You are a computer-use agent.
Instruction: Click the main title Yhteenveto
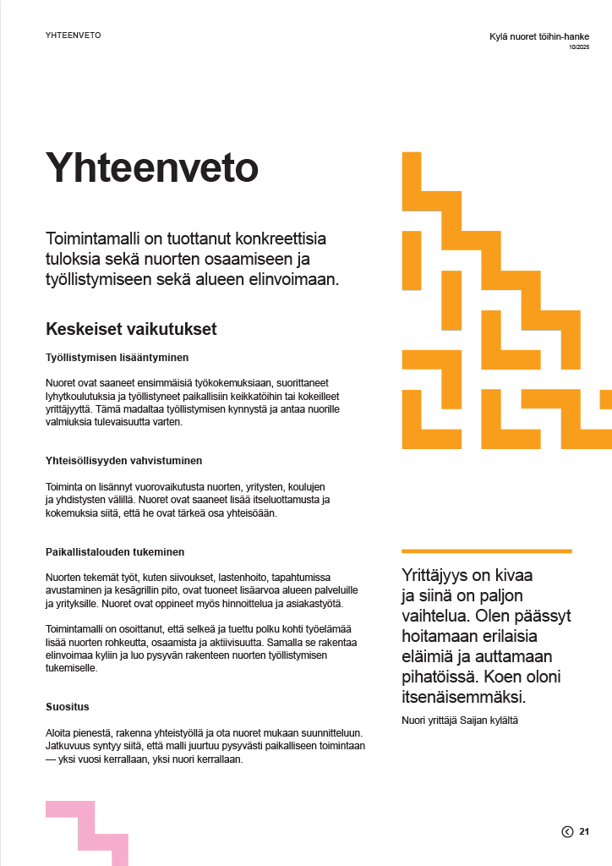tap(151, 168)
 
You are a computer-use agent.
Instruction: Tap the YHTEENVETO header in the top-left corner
tap(74, 36)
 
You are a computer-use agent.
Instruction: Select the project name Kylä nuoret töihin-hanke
tap(539, 36)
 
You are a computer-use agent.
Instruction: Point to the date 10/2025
tap(579, 47)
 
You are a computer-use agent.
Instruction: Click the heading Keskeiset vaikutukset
tap(131, 328)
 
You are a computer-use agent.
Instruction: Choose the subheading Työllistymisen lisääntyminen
tap(117, 357)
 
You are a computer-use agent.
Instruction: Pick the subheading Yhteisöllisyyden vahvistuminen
tap(123, 461)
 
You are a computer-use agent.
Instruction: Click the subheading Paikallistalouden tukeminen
tap(114, 552)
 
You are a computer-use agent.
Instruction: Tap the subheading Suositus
tap(68, 706)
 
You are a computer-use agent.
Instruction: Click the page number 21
tap(584, 832)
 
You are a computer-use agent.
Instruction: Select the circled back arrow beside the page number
tap(567, 832)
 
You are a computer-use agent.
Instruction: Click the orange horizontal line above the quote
tap(486, 551)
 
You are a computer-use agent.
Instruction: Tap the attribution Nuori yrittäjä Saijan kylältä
tap(459, 720)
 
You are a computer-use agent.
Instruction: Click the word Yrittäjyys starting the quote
tap(434, 575)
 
